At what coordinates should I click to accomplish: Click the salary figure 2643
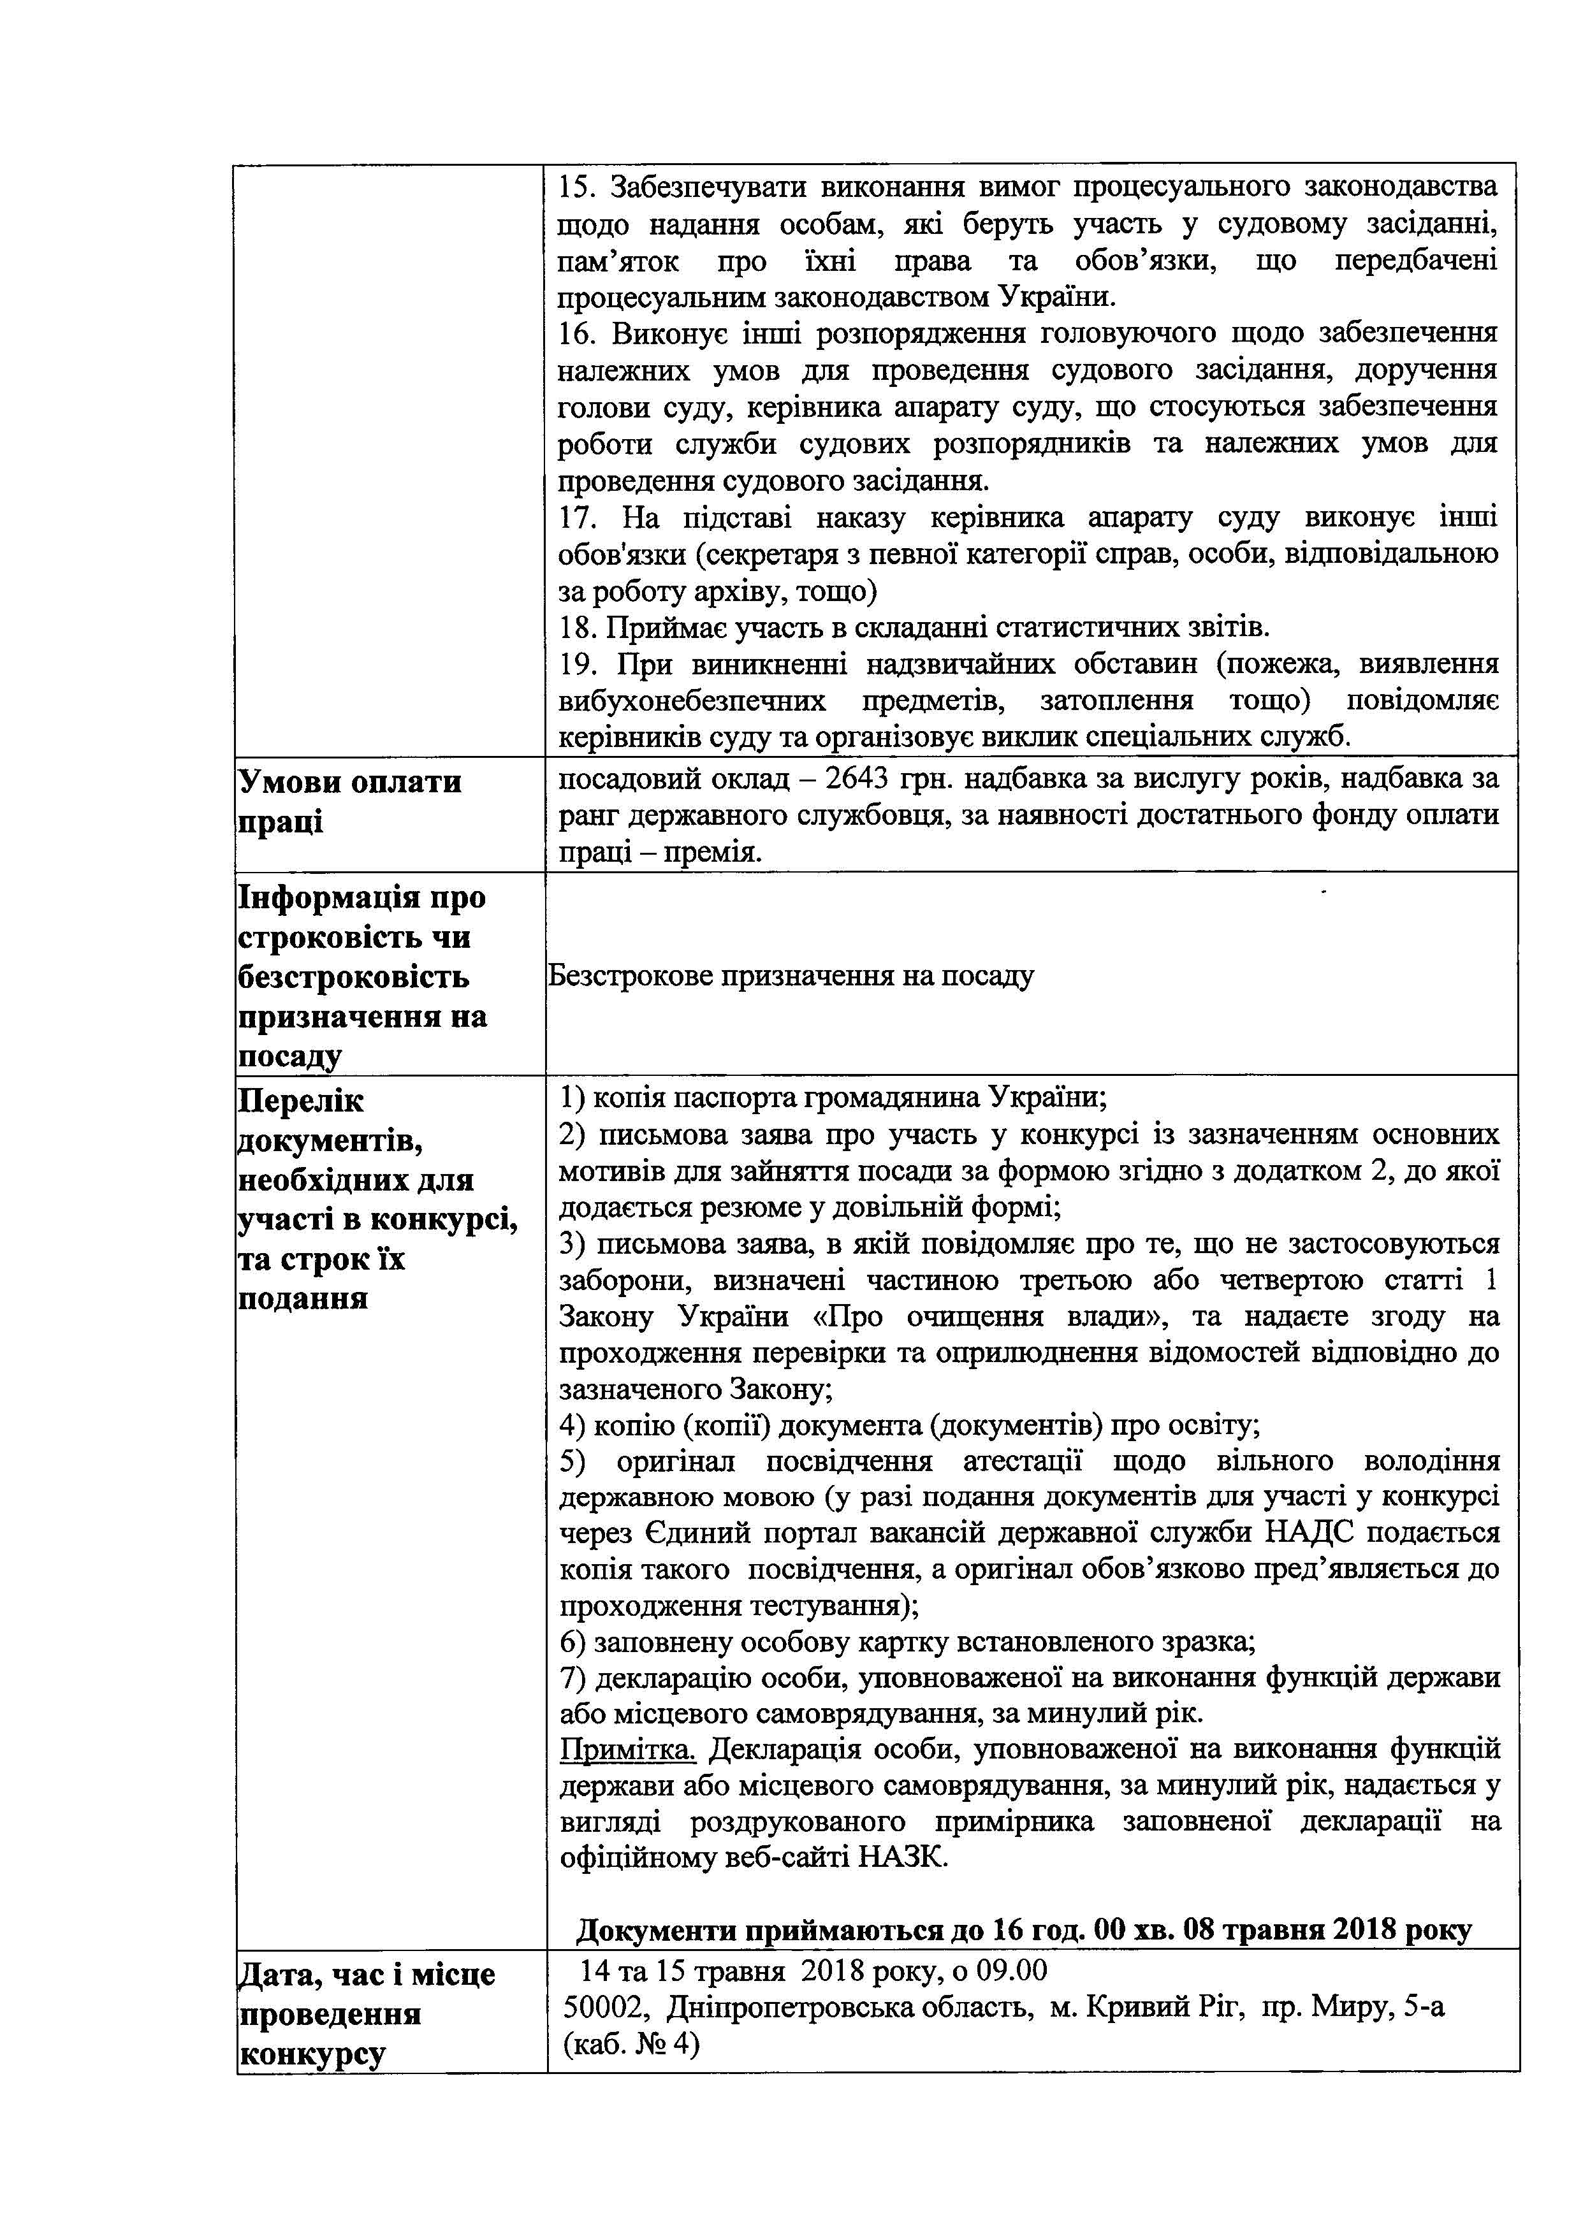(857, 780)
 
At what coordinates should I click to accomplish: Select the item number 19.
(579, 665)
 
